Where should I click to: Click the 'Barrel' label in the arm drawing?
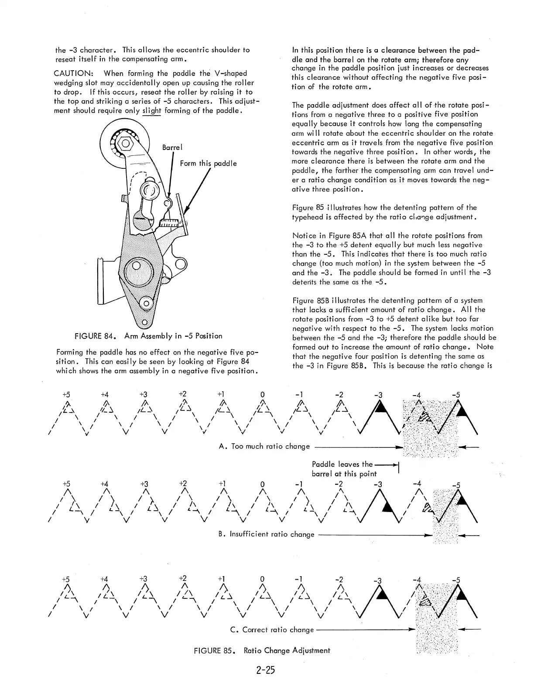(x=172, y=147)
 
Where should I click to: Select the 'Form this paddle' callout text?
(x=208, y=164)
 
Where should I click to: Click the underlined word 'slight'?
(x=152, y=110)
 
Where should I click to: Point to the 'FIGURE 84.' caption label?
(x=95, y=336)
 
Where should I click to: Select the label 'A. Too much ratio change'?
(x=264, y=446)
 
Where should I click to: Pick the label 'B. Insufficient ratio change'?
(x=267, y=534)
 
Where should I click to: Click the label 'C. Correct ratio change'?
(x=272, y=630)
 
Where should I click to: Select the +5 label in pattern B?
(x=66, y=484)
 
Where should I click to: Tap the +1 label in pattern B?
(x=222, y=484)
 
